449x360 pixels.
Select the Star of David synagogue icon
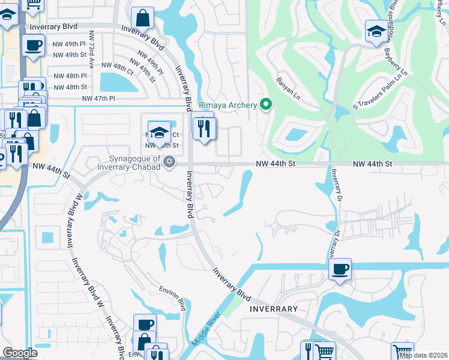(x=169, y=161)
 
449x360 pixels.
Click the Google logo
(x=20, y=353)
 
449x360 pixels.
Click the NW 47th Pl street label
(x=98, y=98)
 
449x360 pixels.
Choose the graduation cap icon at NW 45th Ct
(x=159, y=131)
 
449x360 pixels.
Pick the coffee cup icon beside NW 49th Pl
(x=33, y=44)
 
